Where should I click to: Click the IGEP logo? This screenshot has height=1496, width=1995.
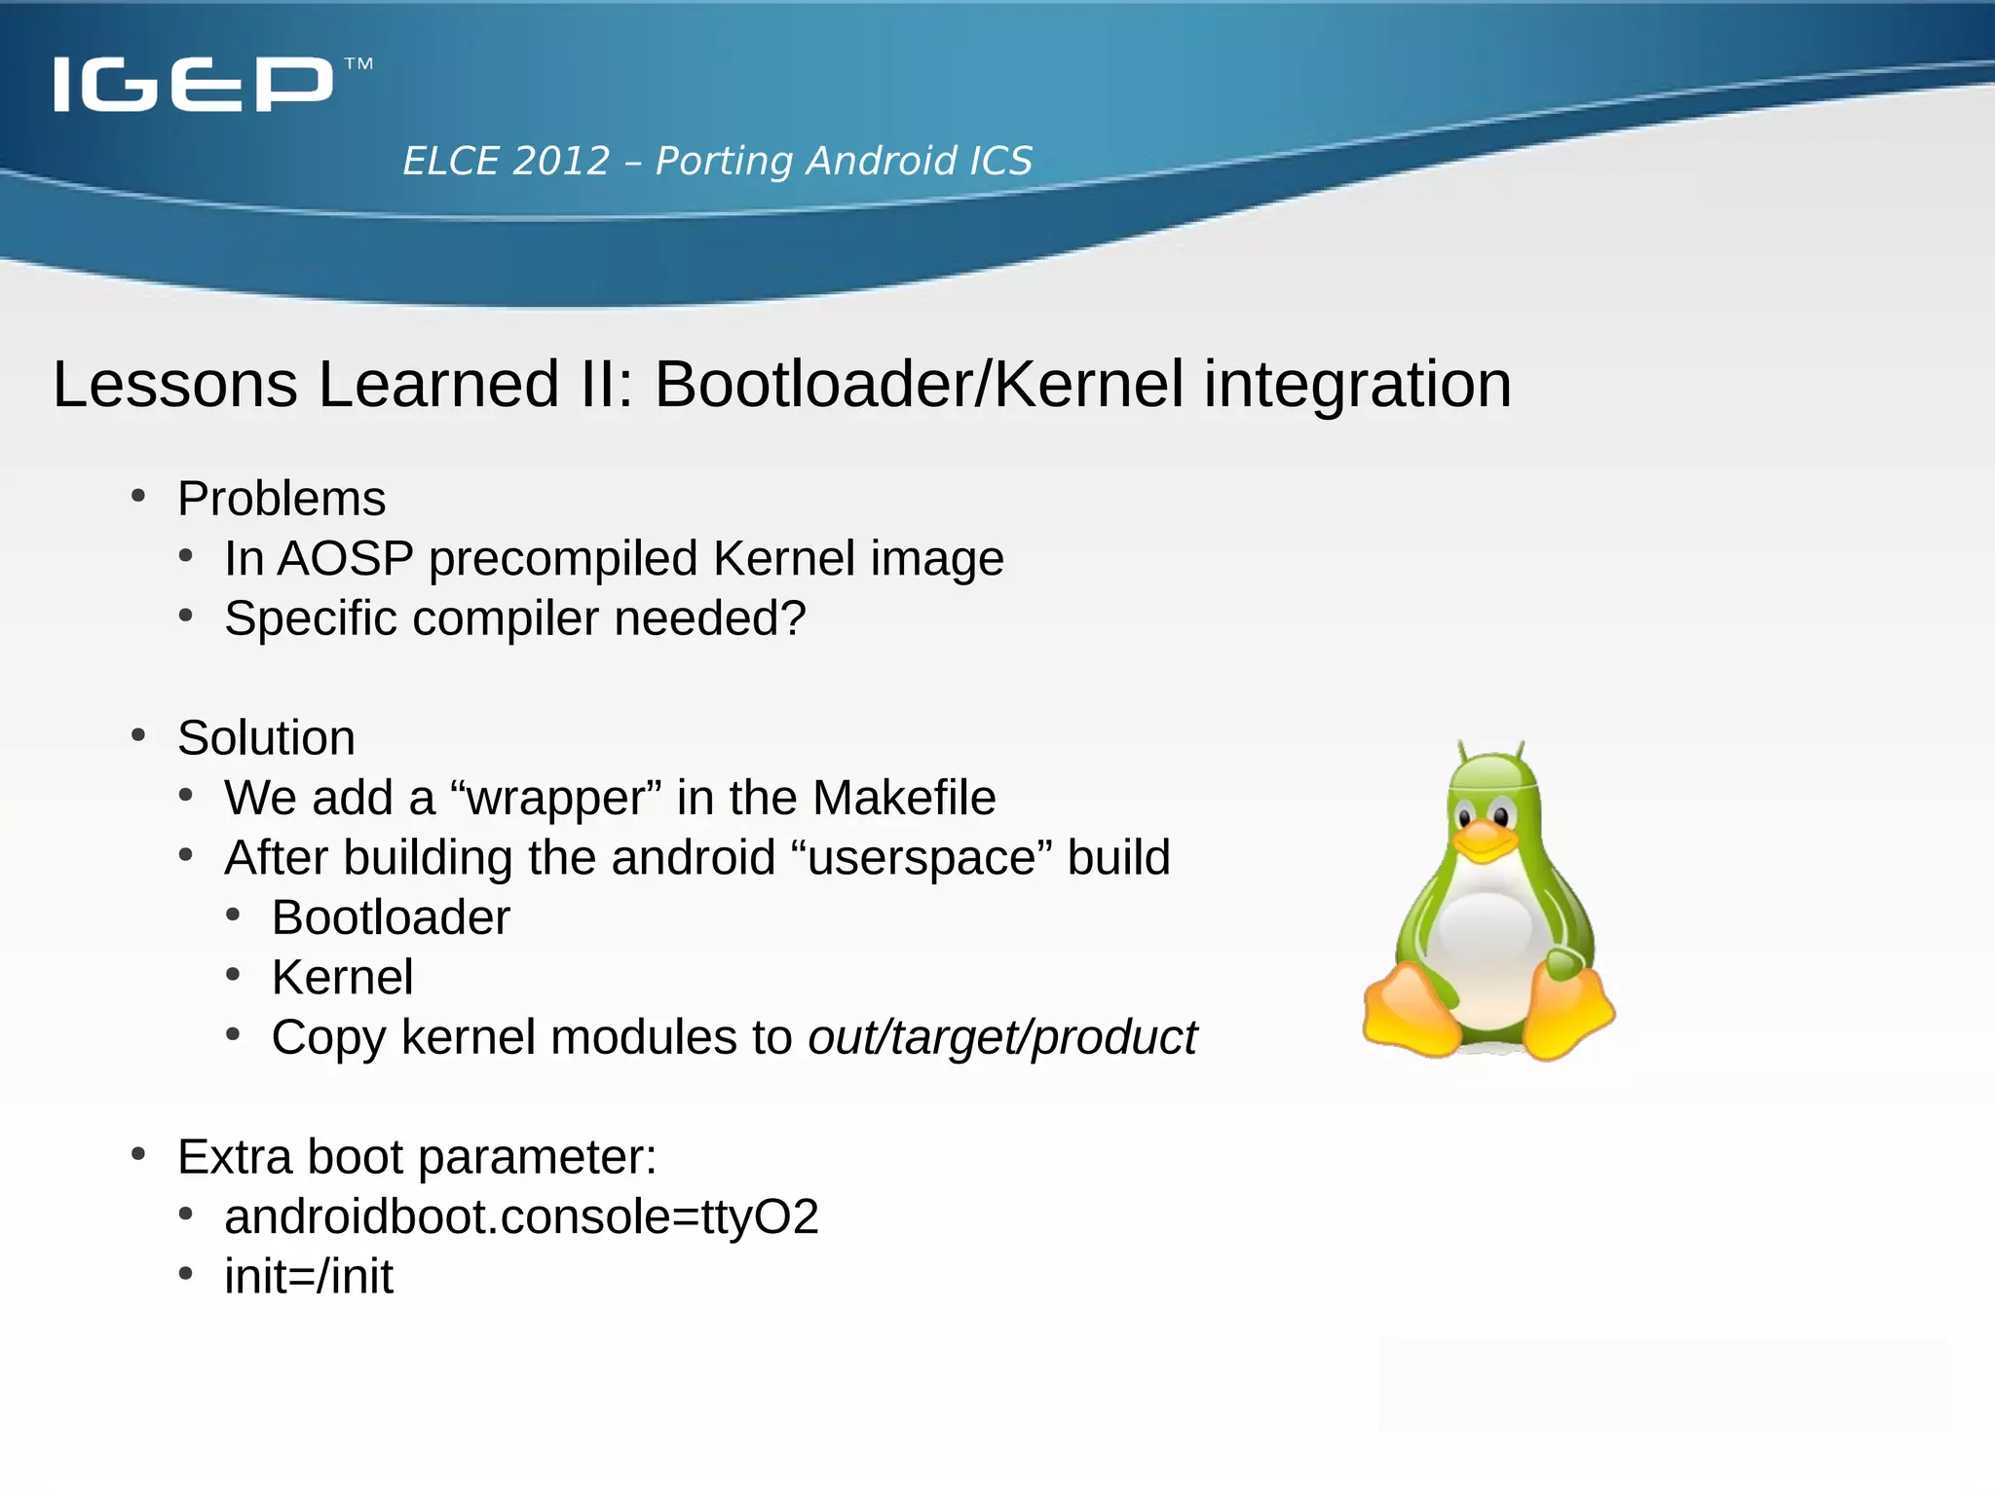coord(193,84)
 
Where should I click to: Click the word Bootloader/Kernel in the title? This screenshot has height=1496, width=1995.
coord(919,384)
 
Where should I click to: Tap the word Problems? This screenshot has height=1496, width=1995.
coord(282,499)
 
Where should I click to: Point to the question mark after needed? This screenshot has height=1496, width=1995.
coord(794,618)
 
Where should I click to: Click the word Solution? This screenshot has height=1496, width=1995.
coord(266,737)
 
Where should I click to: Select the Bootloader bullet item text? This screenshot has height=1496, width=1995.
coord(391,917)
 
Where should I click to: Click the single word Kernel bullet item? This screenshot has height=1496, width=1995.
coord(342,977)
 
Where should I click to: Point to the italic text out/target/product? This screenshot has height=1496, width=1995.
coord(1001,1037)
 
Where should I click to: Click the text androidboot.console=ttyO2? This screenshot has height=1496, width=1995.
coord(521,1217)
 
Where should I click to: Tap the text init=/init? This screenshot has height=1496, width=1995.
coord(309,1277)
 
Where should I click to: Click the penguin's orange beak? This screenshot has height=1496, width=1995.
coord(1485,840)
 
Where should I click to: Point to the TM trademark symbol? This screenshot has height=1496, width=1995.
coord(358,64)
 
